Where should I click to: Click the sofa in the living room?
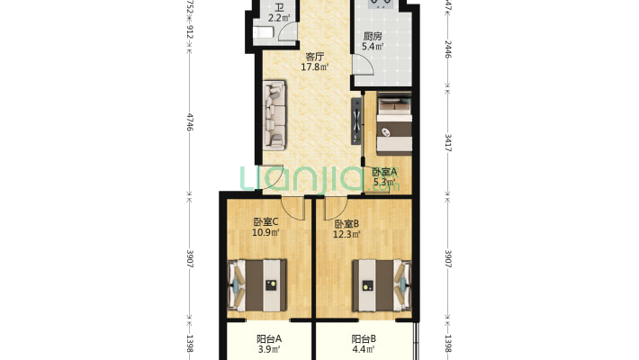click(274, 115)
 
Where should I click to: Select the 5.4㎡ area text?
click(372, 47)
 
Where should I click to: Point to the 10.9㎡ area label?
click(265, 233)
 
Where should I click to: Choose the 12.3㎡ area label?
click(346, 235)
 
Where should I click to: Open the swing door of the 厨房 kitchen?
click(362, 67)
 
